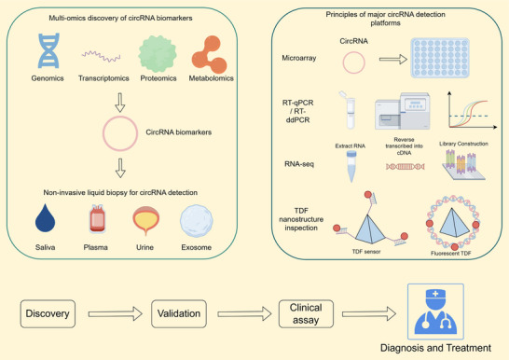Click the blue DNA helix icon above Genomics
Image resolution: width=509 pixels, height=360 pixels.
click(48, 50)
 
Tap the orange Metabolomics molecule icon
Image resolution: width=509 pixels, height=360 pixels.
click(210, 54)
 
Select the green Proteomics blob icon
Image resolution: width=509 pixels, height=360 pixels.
click(158, 54)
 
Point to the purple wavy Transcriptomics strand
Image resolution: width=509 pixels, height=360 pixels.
click(102, 56)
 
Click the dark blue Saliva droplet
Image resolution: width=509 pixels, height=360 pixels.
click(45, 218)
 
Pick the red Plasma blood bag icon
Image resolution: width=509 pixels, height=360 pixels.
click(97, 219)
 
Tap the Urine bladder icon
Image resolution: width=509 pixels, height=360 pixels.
click(146, 221)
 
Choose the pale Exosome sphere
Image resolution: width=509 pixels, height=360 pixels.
click(197, 221)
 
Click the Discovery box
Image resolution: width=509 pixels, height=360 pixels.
click(48, 313)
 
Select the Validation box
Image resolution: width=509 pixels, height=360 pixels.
click(179, 313)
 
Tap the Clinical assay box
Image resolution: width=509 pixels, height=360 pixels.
click(306, 313)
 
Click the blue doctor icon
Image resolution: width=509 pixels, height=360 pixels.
click(435, 312)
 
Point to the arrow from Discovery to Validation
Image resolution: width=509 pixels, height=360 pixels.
click(116, 314)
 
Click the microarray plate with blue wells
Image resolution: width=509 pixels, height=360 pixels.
click(440, 58)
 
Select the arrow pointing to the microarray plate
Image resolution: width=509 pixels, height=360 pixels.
click(393, 59)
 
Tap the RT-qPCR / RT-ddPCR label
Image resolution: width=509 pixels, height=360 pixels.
click(298, 111)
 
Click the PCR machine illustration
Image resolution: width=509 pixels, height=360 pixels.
click(403, 111)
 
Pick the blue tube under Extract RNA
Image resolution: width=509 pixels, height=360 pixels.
click(351, 166)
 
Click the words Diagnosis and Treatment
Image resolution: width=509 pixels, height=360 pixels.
click(435, 348)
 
